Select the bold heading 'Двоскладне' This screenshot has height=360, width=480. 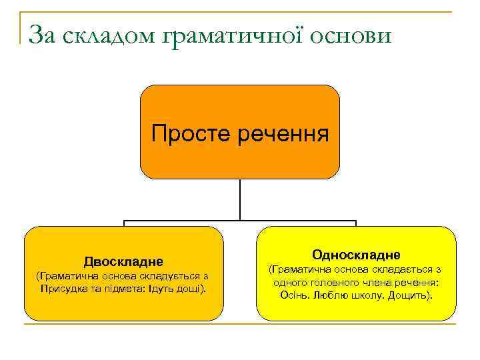pyautogui.click(x=123, y=261)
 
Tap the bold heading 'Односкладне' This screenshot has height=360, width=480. pyautogui.click(x=356, y=255)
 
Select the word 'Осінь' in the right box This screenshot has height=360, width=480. pyautogui.click(x=293, y=295)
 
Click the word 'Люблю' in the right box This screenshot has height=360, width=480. pyautogui.click(x=327, y=295)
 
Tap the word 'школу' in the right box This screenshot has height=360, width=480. pyautogui.click(x=362, y=295)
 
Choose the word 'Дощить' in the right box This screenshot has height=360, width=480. pyautogui.click(x=408, y=295)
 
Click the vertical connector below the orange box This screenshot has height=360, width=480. pyautogui.click(x=240, y=199)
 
